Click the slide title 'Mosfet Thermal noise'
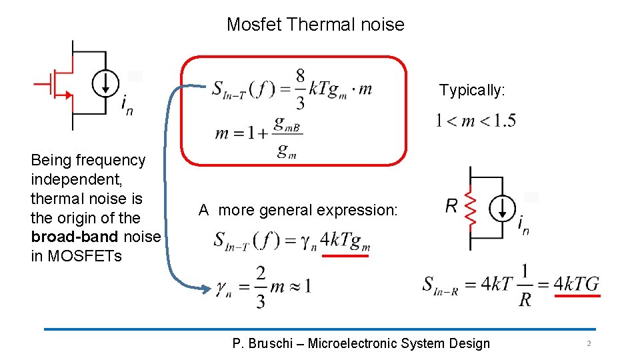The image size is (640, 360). pyautogui.click(x=315, y=25)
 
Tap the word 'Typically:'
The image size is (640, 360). pyautogui.click(x=472, y=91)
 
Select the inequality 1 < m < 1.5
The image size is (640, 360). pyautogui.click(x=475, y=121)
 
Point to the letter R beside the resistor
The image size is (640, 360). pyautogui.click(x=452, y=206)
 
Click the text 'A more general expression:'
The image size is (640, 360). pyautogui.click(x=298, y=211)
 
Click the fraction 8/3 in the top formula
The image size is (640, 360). pyautogui.click(x=300, y=89)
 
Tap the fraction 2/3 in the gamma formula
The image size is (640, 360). pyautogui.click(x=261, y=287)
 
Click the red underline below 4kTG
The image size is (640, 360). pyautogui.click(x=577, y=296)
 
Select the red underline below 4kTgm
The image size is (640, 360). pyautogui.click(x=345, y=255)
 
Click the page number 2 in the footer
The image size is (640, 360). pyautogui.click(x=589, y=344)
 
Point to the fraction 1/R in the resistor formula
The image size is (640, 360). pyautogui.click(x=525, y=285)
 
